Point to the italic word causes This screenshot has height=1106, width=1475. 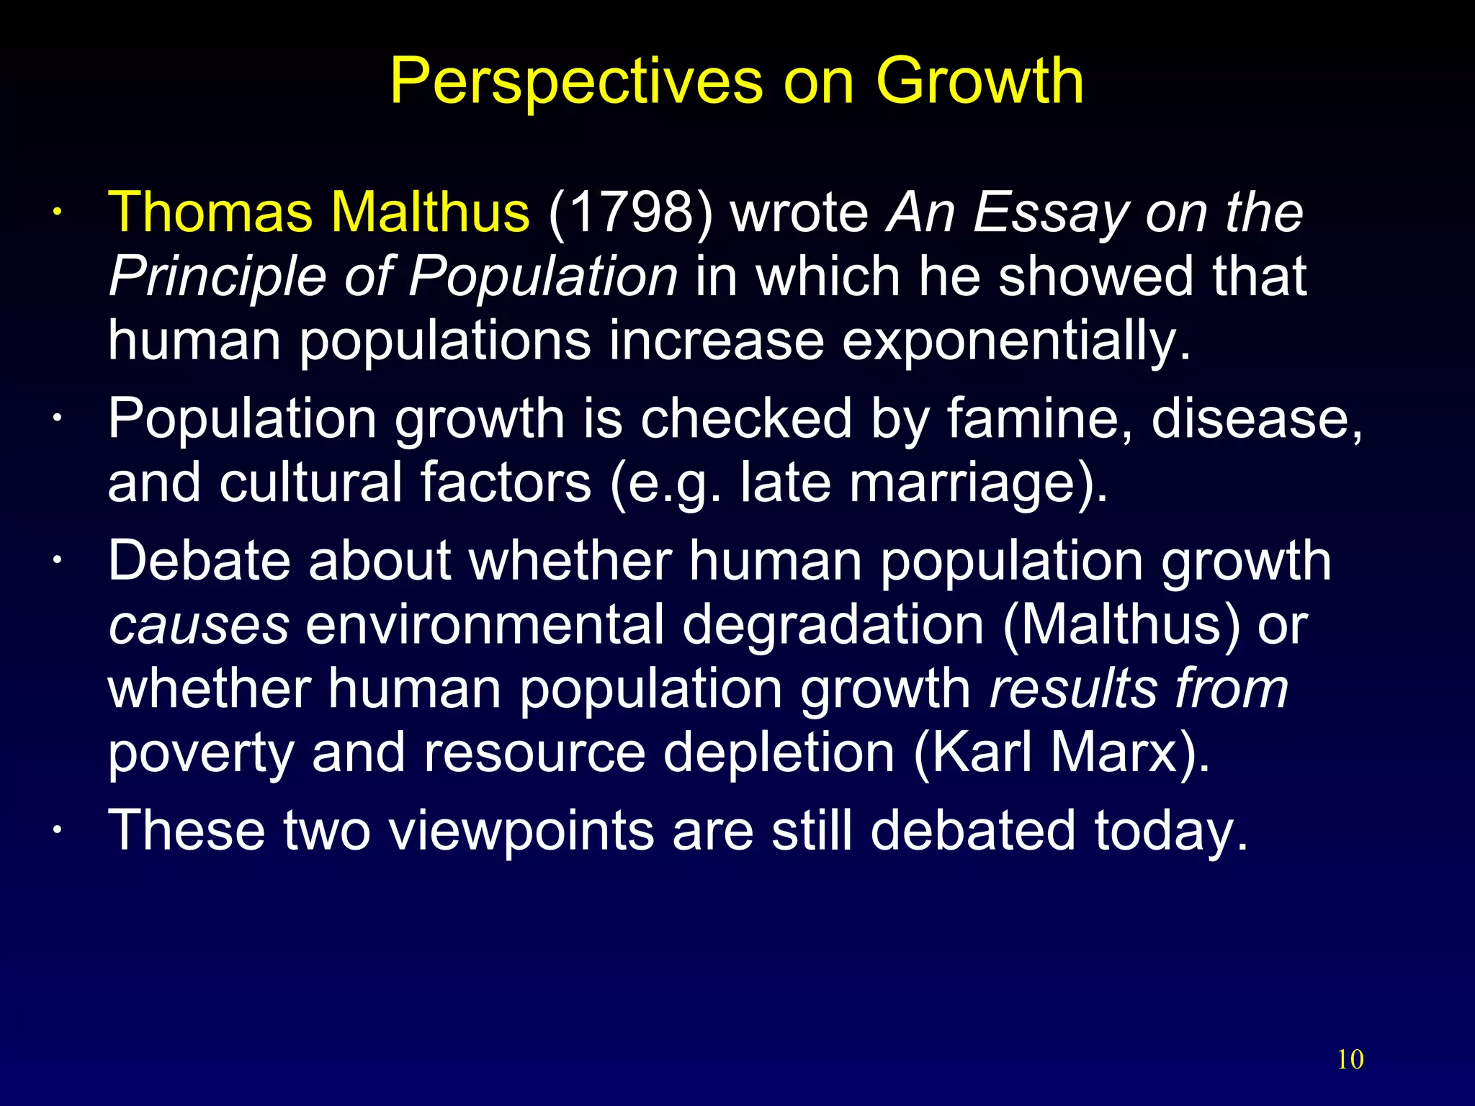[199, 624]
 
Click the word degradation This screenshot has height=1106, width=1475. [832, 624]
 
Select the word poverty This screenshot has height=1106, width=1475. [201, 753]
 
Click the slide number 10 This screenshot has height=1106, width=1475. [1350, 1059]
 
